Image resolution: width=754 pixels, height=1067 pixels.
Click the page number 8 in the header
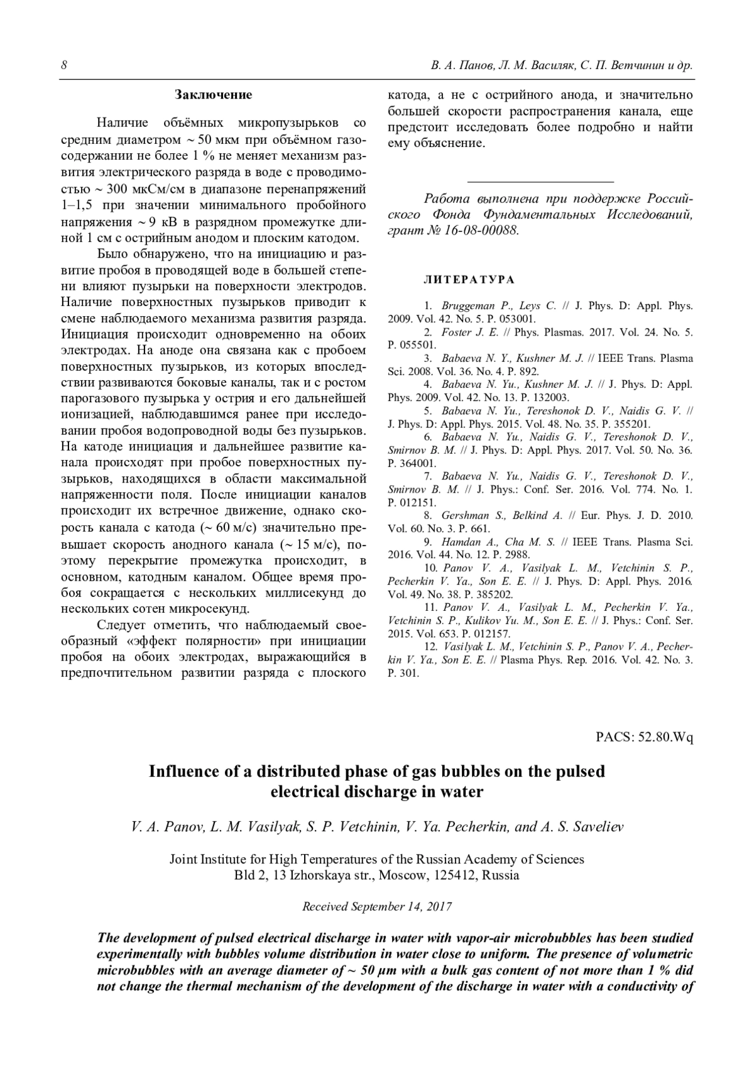64,66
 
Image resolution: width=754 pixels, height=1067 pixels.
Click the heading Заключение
213,96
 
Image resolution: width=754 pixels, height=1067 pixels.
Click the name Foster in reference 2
457,332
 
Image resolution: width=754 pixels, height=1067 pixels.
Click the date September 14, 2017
403,907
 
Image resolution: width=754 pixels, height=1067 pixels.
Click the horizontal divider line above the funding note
540,181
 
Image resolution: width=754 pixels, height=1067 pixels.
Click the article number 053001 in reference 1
516,319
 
